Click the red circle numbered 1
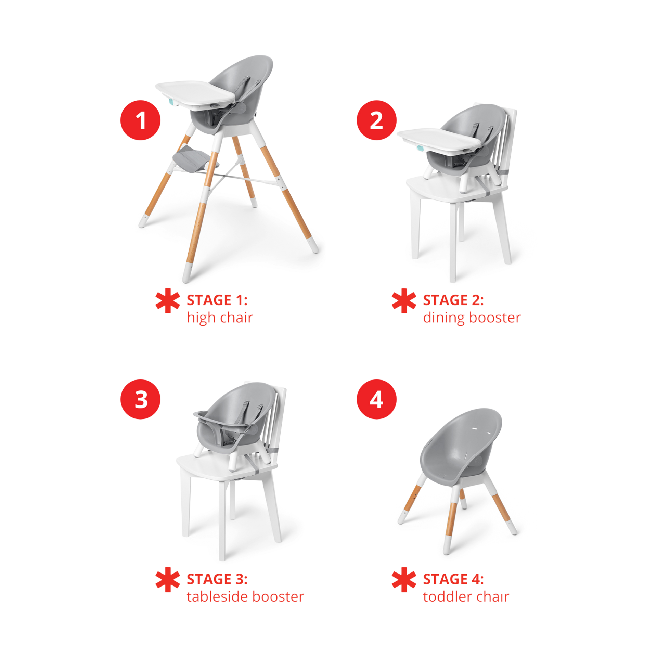coord(140,120)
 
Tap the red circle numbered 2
coord(376,120)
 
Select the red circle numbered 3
coord(140,399)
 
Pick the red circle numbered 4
coord(376,399)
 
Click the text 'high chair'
coord(220,318)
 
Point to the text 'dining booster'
coord(472,318)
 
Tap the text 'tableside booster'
coord(245,597)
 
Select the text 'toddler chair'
coord(466,597)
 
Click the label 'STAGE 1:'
coord(217,300)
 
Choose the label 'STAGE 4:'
coord(453,579)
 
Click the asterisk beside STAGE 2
coord(404,301)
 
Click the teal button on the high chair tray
coord(172,102)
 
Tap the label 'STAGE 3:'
coord(217,579)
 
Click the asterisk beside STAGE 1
coord(167,301)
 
